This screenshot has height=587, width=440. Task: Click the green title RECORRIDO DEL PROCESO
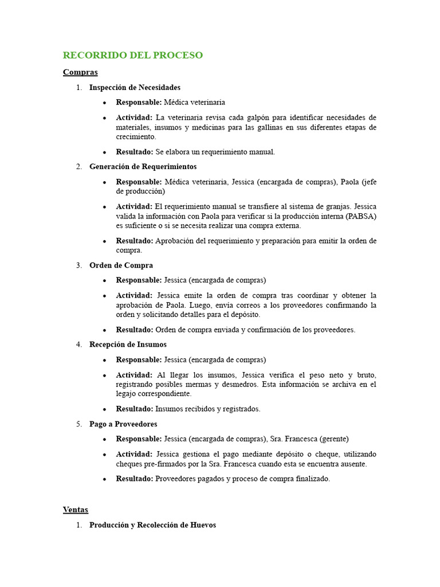tap(133, 56)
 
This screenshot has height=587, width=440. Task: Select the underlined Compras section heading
tap(80, 72)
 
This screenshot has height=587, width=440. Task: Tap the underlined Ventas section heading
tap(76, 510)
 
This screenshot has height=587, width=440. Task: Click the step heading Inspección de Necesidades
tap(135, 88)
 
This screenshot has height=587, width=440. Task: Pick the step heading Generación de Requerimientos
tap(143, 167)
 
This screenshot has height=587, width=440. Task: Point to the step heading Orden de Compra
tap(121, 265)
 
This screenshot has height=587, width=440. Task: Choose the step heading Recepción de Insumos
tap(128, 345)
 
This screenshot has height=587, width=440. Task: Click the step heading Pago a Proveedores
tap(123, 424)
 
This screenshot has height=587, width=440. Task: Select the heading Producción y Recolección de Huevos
tap(152, 525)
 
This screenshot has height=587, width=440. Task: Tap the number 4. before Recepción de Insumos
tap(79, 345)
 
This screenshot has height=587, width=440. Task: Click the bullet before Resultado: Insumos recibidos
tap(104, 410)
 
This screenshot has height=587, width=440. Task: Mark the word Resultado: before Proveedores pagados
tap(134, 479)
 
